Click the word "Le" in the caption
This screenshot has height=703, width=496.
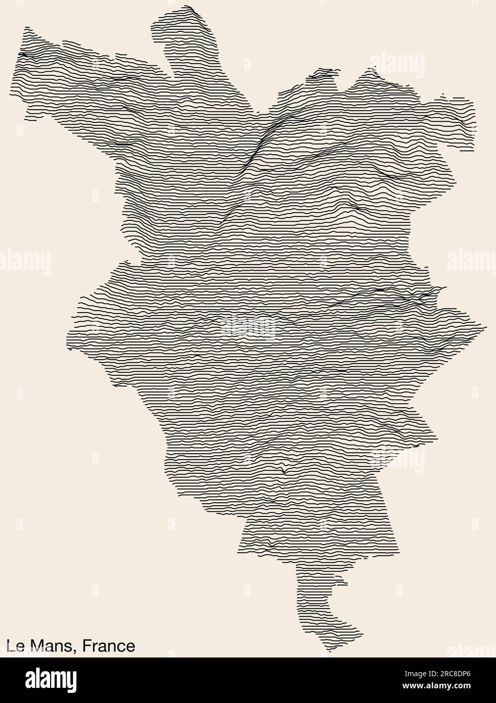(15, 646)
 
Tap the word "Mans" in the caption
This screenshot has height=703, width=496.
(53, 646)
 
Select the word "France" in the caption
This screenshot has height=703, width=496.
(109, 646)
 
